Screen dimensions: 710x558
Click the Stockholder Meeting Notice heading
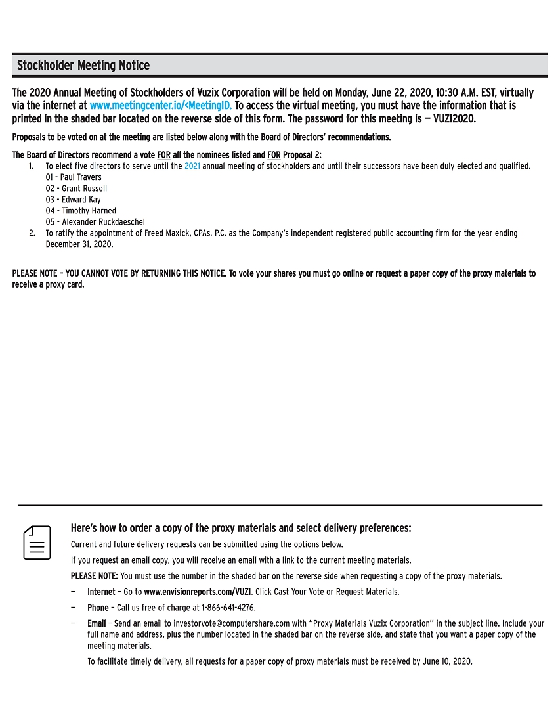[x=83, y=66]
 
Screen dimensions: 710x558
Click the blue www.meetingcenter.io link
[x=161, y=106]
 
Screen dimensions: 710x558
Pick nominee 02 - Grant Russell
[x=76, y=189]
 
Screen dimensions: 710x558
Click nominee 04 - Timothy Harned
[x=81, y=211]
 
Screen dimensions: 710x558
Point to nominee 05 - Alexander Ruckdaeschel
[x=95, y=222]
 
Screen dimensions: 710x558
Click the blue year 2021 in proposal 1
[x=192, y=166]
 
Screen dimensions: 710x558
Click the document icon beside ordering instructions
[x=37, y=542]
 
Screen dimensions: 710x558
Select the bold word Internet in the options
[x=101, y=592]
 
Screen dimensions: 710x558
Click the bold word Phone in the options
[x=98, y=608]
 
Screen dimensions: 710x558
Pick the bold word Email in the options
[x=97, y=623]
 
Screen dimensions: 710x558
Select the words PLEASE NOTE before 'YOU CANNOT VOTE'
[x=35, y=273]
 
